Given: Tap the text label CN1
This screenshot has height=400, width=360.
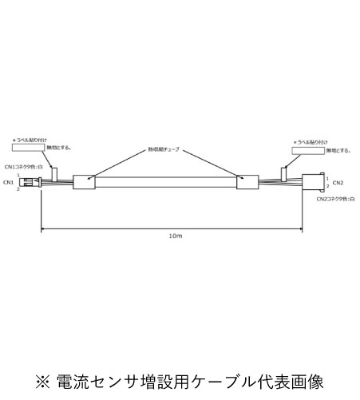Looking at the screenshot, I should pos(9,183).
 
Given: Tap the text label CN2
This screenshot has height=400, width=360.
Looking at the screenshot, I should pos(338,183).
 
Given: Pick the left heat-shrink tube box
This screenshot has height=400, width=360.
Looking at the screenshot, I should pos(84,182).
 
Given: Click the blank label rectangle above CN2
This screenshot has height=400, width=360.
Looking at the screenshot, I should pos(308,149).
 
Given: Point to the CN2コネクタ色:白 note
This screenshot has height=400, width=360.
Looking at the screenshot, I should pos(334,198).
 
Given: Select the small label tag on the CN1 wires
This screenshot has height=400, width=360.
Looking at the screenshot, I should pos(55,172).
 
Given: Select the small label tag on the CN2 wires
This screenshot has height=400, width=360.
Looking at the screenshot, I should pos(284,172).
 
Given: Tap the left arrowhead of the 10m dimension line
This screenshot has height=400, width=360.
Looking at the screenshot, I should pos(43,232).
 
